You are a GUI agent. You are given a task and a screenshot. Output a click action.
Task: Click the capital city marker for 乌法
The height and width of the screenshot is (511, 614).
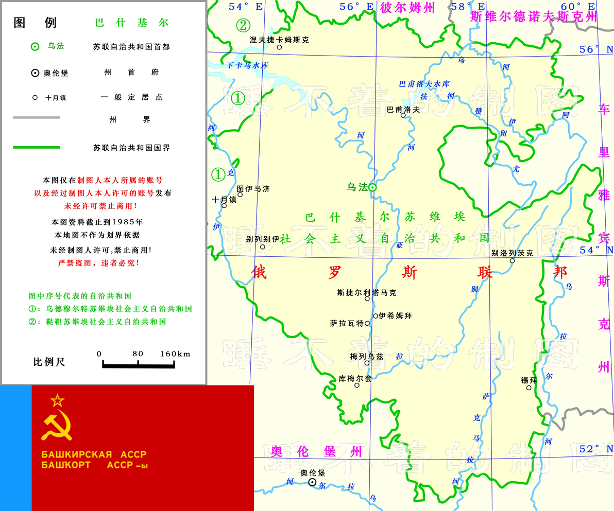click(x=372, y=188)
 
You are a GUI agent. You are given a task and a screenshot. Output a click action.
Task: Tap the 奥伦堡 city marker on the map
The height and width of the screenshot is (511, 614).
click(x=312, y=482)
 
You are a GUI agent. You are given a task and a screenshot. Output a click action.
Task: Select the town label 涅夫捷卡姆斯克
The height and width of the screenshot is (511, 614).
click(x=279, y=39)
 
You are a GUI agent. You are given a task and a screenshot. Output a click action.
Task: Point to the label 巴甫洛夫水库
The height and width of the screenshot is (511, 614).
click(x=424, y=84)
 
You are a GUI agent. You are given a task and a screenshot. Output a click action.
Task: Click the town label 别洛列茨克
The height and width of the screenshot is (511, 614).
click(x=512, y=253)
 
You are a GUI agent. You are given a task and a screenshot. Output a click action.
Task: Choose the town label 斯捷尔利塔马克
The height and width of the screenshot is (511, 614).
click(x=367, y=292)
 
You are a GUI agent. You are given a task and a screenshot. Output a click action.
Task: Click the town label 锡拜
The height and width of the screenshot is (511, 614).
click(x=529, y=380)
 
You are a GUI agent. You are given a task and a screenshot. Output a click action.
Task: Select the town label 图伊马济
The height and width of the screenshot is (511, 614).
click(x=253, y=189)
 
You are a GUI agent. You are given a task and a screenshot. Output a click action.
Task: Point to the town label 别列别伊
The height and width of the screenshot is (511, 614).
click(x=262, y=239)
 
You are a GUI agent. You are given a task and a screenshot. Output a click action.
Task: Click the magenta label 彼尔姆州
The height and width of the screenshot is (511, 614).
click(x=407, y=8)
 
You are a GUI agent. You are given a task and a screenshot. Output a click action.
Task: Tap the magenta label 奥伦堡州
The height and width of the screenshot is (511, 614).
click(x=317, y=451)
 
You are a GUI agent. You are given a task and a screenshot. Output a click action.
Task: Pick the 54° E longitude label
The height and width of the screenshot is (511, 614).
click(x=246, y=6)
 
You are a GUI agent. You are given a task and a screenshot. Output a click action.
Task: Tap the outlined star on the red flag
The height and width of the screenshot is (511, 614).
click(x=57, y=399)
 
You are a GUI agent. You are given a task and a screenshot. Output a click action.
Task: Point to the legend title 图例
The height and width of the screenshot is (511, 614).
click(x=35, y=23)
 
